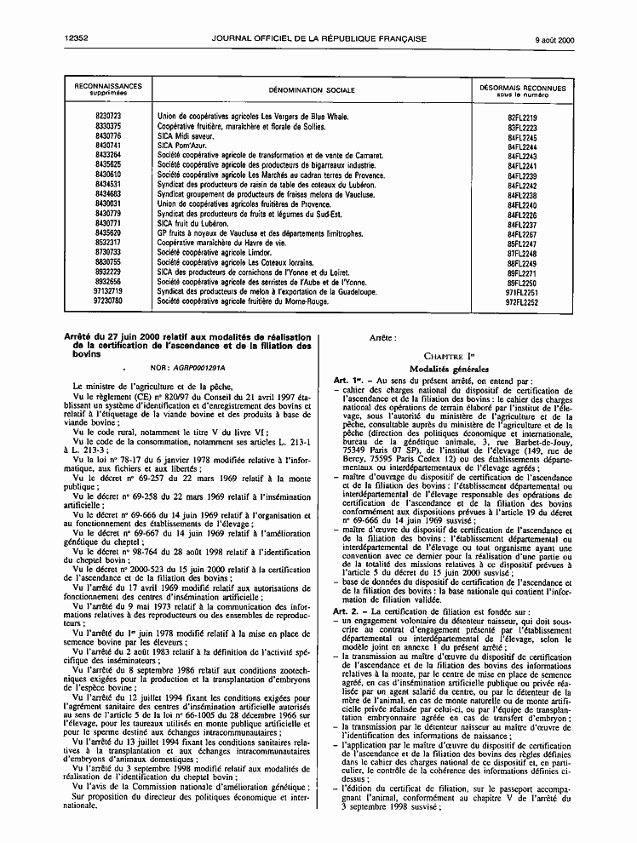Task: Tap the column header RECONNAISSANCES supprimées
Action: (108, 89)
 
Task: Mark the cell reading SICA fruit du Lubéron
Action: (192, 223)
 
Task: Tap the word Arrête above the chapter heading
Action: (382, 338)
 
